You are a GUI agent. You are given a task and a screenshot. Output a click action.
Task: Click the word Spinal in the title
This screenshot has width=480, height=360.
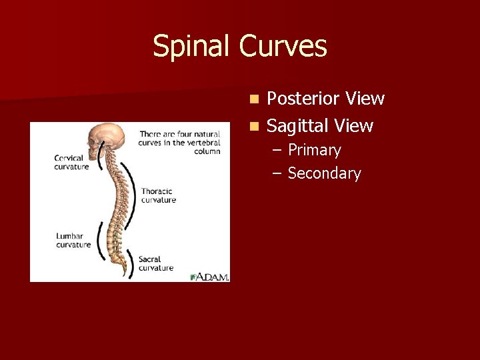tap(193, 47)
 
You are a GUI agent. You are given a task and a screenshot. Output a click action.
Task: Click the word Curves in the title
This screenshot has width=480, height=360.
tap(283, 47)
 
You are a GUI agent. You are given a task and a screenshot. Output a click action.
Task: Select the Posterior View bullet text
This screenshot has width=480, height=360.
tap(325, 99)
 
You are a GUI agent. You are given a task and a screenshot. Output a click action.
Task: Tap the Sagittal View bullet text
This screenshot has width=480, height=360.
tap(319, 125)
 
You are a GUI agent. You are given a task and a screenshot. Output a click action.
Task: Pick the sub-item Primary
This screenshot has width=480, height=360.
tap(314, 150)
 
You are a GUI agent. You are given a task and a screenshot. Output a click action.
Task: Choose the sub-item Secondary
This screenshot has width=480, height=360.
tap(324, 173)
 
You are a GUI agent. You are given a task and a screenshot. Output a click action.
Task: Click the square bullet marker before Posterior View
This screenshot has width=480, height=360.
tap(254, 99)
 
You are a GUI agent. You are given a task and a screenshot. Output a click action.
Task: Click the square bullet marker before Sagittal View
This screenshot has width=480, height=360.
tap(254, 126)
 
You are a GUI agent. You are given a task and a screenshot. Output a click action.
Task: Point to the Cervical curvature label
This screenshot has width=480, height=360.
tap(71, 162)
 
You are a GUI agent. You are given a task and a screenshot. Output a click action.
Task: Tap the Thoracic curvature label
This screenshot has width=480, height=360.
tap(159, 195)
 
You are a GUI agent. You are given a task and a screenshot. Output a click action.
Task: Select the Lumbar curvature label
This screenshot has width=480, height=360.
tap(73, 240)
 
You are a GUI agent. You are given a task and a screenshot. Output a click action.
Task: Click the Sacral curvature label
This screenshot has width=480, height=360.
tap(156, 263)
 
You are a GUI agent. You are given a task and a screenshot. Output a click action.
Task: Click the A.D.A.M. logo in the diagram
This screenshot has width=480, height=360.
tap(209, 276)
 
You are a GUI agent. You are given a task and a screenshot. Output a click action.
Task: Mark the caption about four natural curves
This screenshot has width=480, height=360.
tap(179, 143)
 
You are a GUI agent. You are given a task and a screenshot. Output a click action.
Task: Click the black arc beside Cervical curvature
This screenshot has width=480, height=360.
tap(100, 160)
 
